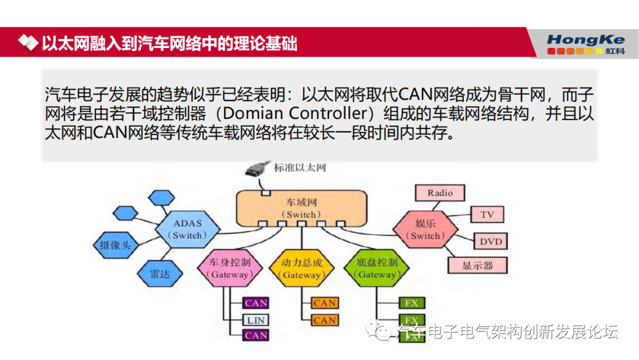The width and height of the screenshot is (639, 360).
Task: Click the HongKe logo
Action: tap(586, 44)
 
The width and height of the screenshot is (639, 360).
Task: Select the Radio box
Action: tap(440, 193)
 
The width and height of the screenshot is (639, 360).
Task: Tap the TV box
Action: tap(486, 214)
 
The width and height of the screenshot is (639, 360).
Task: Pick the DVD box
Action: tap(490, 242)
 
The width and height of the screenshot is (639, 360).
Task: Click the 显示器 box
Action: tap(477, 265)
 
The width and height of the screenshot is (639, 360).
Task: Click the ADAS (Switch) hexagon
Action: tap(188, 229)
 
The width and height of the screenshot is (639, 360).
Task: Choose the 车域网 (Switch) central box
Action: tap(301, 208)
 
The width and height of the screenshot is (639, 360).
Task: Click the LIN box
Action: tap(256, 320)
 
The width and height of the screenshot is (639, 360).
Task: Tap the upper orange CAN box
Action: tap(325, 303)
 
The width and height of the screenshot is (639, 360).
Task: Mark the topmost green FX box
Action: tap(411, 303)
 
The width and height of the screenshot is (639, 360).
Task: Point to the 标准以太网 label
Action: tap(300, 168)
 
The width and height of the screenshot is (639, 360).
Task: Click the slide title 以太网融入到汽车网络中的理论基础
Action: tap(169, 43)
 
